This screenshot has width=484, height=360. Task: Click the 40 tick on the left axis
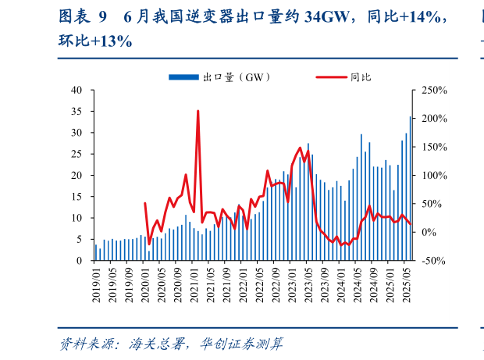77,90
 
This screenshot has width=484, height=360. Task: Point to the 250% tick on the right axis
435,90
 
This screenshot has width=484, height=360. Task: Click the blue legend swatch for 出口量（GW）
184,77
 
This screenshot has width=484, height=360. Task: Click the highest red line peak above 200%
198,111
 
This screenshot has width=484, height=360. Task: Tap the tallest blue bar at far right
411,188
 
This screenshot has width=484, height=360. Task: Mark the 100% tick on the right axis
435,176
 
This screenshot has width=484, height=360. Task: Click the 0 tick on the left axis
80,261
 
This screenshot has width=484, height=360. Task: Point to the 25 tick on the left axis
77,154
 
